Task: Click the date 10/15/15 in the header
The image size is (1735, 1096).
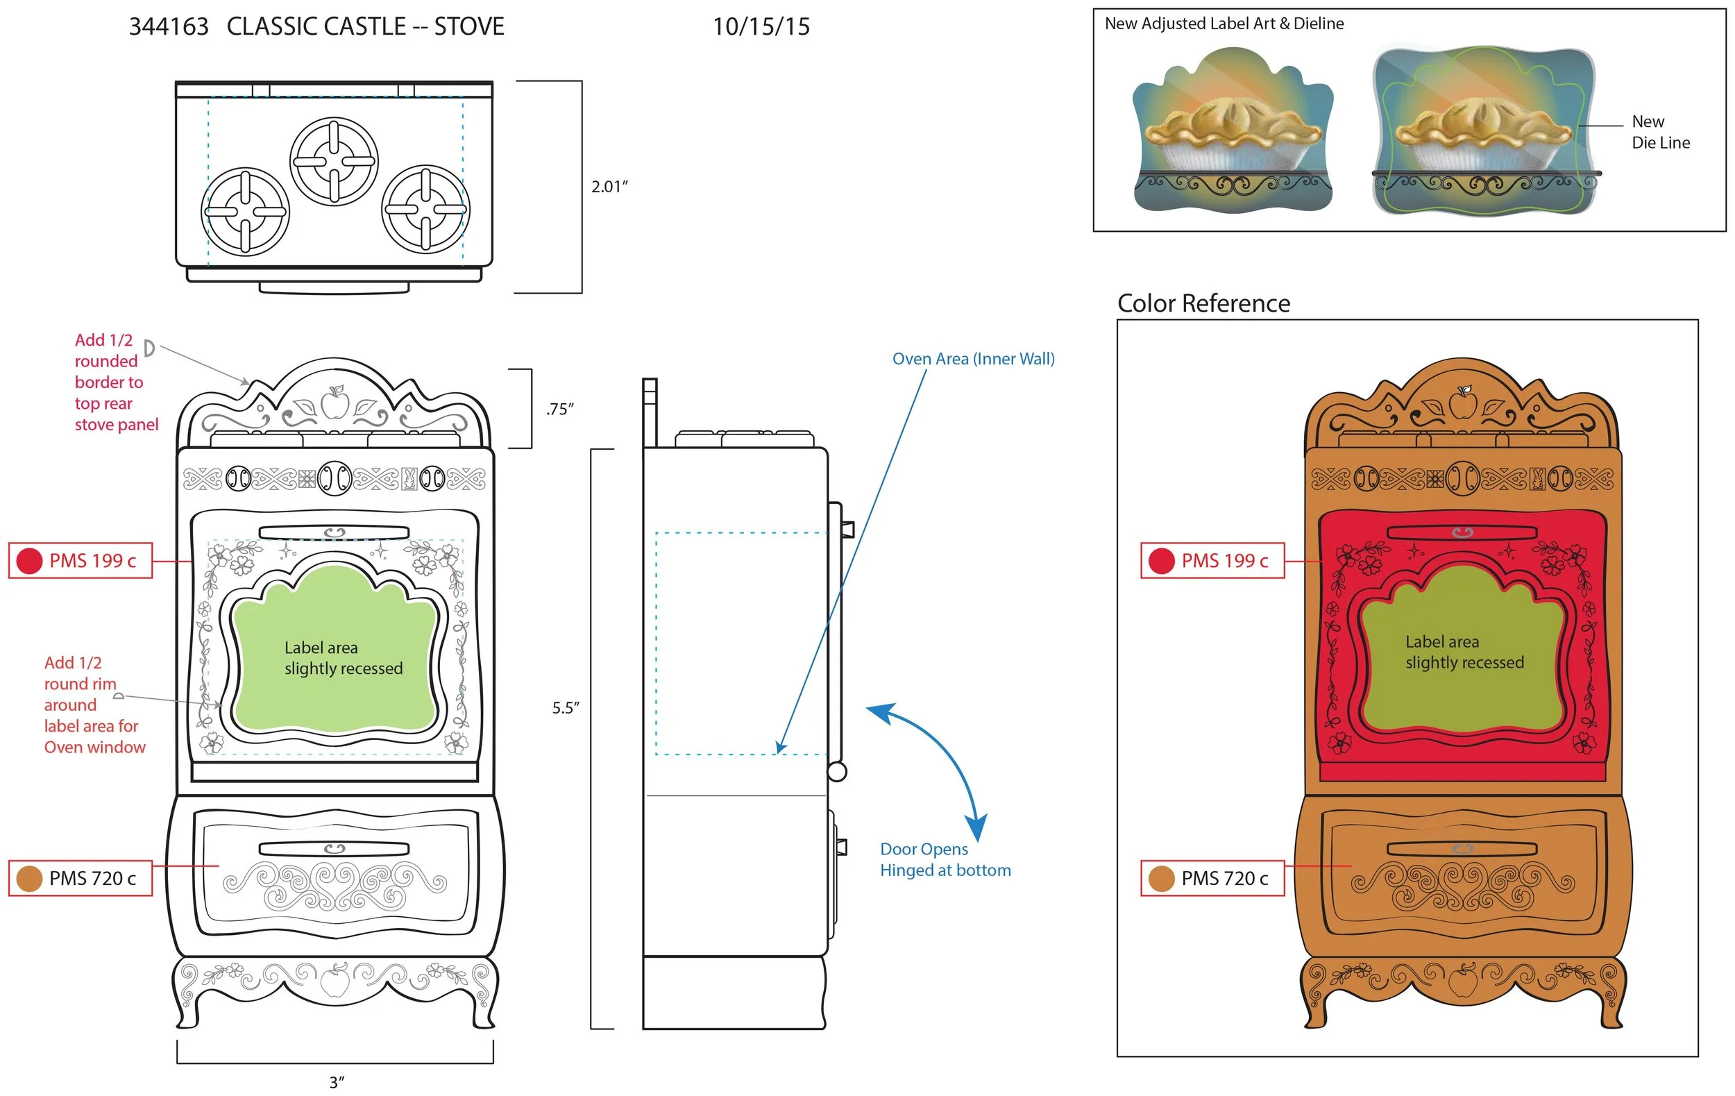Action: (x=761, y=26)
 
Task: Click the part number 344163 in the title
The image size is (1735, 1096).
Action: (x=169, y=26)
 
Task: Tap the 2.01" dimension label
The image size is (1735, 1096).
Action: (x=609, y=187)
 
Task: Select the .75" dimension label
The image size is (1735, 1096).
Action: (x=560, y=410)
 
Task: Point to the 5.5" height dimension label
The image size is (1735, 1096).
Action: (x=566, y=707)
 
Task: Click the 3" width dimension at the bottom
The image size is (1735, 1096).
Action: (x=337, y=1081)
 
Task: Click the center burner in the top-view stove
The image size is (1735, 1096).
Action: (x=334, y=161)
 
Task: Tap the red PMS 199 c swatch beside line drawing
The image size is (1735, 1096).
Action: (x=30, y=561)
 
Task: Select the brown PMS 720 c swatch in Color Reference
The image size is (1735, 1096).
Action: (x=1162, y=878)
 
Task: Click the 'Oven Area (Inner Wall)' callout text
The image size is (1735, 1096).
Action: (x=973, y=359)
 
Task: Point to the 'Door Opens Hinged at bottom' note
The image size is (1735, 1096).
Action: (x=945, y=859)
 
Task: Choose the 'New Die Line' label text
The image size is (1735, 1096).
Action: (x=1659, y=132)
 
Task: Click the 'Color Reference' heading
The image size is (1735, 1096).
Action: (x=1203, y=303)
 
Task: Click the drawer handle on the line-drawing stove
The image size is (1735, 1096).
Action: (x=334, y=849)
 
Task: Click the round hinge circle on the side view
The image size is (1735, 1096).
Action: (x=836, y=772)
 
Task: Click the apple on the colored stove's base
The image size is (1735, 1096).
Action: (x=1463, y=981)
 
